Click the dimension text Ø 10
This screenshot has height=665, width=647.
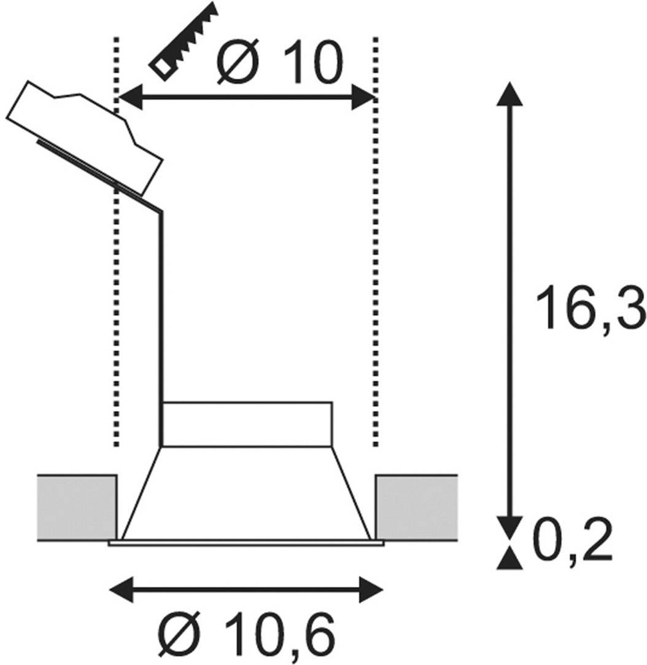point(278,61)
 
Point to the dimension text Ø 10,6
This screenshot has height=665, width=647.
point(248,634)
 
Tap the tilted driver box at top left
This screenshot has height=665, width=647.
point(85,135)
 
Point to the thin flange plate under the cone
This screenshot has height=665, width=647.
point(246,543)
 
